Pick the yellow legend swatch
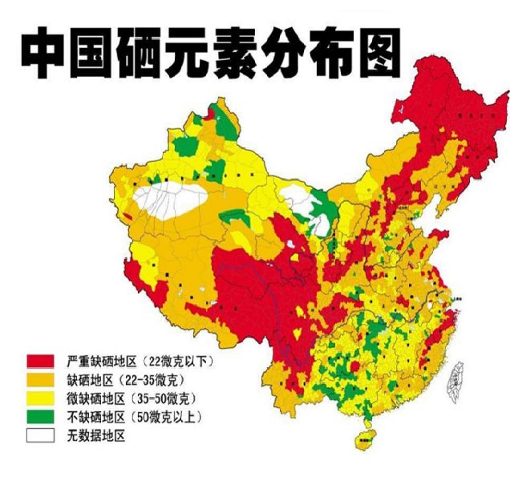40,398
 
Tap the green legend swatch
40,417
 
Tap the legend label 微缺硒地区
91,398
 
